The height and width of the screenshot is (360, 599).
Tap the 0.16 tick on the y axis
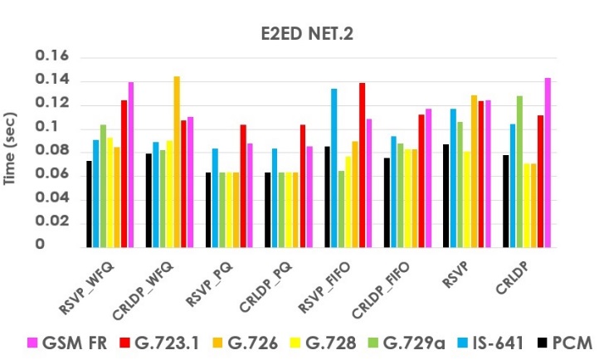click(51, 57)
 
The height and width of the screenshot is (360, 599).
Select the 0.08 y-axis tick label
click(51, 152)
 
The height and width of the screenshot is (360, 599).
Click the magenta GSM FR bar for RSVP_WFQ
click(131, 164)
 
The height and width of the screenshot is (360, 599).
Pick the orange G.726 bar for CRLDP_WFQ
click(177, 162)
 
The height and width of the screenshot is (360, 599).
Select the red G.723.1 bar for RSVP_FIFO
click(363, 164)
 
